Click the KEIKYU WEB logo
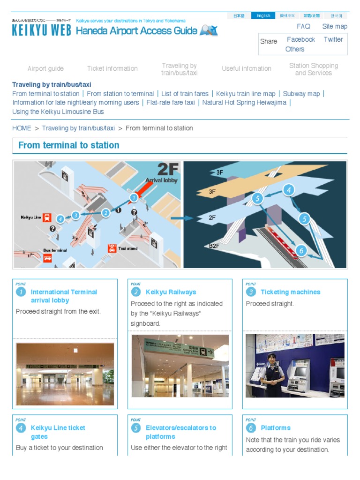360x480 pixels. (x=41, y=30)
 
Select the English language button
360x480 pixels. (x=263, y=15)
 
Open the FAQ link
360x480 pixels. (x=303, y=27)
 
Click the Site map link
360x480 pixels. (x=335, y=27)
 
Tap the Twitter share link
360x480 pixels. (x=333, y=39)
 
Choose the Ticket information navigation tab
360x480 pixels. (x=112, y=68)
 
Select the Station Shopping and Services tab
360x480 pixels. (x=313, y=69)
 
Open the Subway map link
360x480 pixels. (x=301, y=94)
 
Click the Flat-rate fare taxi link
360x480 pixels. (x=171, y=103)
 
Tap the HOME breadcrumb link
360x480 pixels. (x=22, y=128)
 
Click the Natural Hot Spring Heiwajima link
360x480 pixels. (x=244, y=103)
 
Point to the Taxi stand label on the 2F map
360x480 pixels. (x=127, y=248)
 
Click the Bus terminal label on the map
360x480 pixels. (x=55, y=250)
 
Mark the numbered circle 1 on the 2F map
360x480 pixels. (x=134, y=198)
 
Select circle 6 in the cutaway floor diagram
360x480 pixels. (x=301, y=251)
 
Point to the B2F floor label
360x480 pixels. (x=215, y=246)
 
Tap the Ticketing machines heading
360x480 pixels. (x=290, y=292)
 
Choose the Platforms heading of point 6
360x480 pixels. (x=276, y=428)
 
